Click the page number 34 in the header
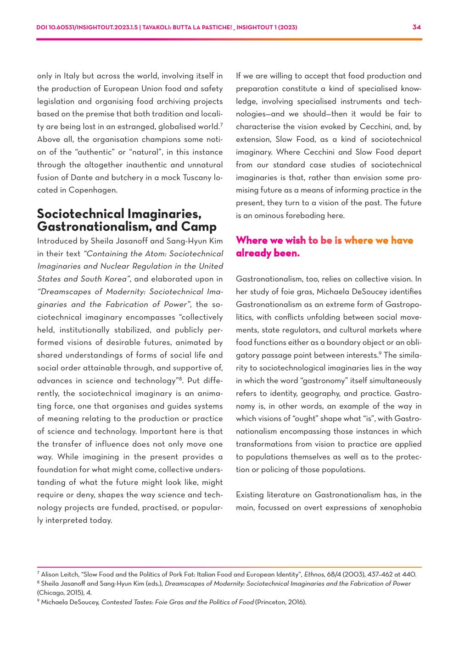[x=416, y=27]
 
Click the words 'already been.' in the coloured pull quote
[x=268, y=253]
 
